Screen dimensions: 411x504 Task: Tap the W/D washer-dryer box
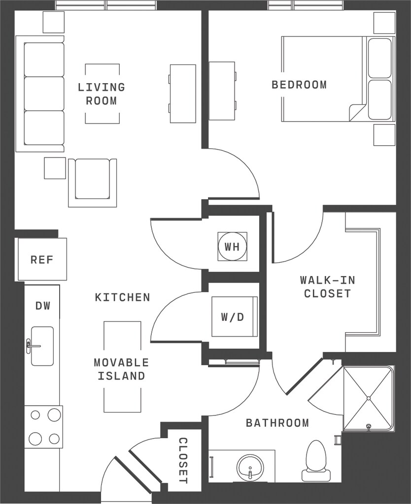point(234,316)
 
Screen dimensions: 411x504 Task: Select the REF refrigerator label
point(42,260)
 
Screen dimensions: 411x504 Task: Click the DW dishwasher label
point(43,306)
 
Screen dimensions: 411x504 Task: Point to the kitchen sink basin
point(42,346)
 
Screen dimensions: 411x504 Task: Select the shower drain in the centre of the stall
point(369,398)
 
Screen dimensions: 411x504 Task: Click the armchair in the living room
point(92,183)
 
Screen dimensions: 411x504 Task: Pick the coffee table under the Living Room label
point(103,94)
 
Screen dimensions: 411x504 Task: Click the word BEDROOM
point(299,85)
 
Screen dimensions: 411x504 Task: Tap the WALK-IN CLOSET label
point(328,287)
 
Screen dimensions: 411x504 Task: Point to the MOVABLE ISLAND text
point(122,369)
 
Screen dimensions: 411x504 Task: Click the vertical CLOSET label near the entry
point(183,461)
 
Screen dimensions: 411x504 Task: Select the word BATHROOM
point(277,423)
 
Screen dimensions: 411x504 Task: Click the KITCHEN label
point(123,297)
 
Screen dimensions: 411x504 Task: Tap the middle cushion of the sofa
point(44,94)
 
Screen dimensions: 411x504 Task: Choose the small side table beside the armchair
point(55,168)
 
